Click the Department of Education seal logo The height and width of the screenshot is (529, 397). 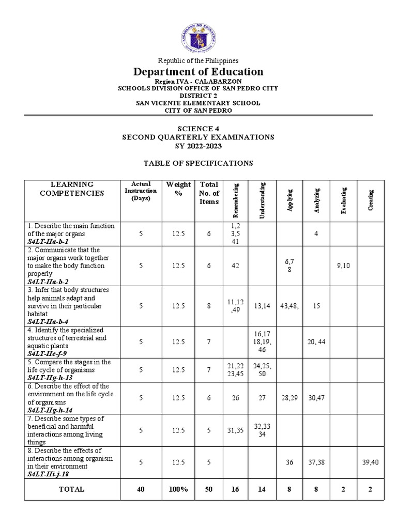point(198,38)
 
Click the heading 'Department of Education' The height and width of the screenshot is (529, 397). point(198,72)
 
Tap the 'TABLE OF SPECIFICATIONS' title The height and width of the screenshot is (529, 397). point(198,163)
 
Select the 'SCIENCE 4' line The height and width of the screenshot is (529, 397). point(198,129)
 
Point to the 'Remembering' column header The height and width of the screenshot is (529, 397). point(236,200)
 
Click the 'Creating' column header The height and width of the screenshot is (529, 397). point(371,200)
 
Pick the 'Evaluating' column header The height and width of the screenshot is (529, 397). point(344,200)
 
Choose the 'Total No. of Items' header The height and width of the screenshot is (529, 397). point(209,193)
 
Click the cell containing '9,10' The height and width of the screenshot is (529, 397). point(343,266)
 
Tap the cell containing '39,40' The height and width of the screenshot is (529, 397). point(371,462)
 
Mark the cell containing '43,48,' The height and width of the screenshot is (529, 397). point(289,306)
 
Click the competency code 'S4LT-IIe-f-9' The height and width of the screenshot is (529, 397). point(48,354)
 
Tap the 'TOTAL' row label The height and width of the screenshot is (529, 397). point(71,489)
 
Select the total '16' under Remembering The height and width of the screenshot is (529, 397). point(235,489)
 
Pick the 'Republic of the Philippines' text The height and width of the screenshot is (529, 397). point(198,60)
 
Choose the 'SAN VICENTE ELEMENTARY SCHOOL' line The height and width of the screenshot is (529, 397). point(198,103)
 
